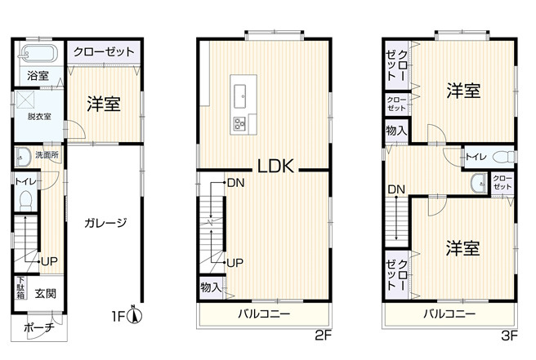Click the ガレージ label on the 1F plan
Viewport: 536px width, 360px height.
coord(105,222)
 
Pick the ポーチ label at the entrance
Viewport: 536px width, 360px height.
coord(38,328)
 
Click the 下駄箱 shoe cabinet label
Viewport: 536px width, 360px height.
coord(20,289)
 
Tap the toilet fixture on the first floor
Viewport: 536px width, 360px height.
coord(25,199)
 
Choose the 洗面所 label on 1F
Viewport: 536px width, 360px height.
coord(46,155)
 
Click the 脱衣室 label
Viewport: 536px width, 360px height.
coord(38,117)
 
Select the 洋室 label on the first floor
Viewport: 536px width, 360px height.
coord(104,104)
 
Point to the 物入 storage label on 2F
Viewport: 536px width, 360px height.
coord(210,287)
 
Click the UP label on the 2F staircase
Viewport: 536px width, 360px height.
coord(235,262)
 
